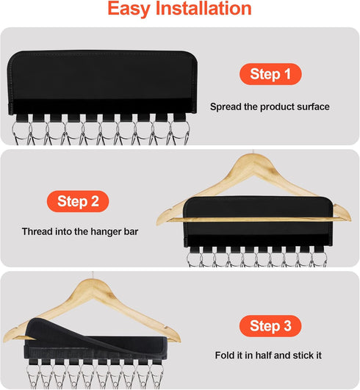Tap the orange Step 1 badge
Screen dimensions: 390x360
click(270, 74)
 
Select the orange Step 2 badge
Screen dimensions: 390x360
click(79, 201)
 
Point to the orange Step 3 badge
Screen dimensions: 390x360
click(270, 325)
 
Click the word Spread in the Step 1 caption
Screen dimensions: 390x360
click(224, 106)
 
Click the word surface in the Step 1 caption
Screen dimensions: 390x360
click(313, 106)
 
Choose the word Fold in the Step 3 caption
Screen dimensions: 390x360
click(225, 356)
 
